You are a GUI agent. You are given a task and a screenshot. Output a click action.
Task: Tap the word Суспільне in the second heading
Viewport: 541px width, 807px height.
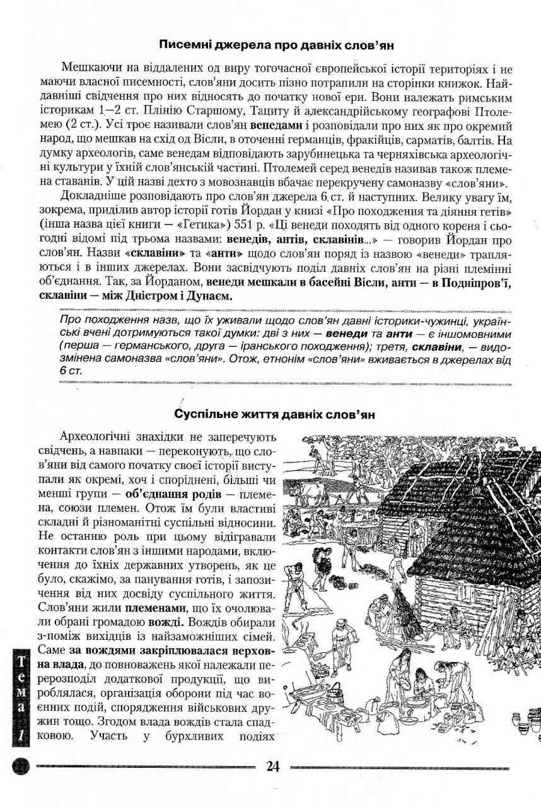206,415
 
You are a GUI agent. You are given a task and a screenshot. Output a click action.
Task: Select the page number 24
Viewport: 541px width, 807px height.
272,766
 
